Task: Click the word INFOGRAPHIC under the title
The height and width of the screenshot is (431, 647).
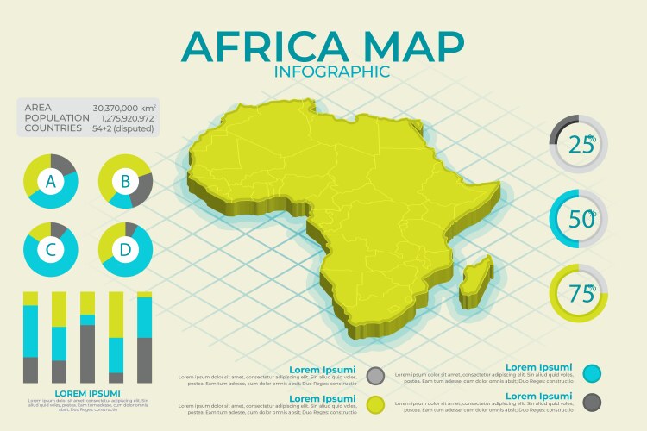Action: point(331,72)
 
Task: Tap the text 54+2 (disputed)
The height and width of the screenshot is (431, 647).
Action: point(122,128)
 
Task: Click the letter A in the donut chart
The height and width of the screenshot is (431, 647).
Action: point(51,182)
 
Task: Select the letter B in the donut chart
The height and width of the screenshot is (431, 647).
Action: point(125,182)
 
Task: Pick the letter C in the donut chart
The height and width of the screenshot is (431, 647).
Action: point(51,250)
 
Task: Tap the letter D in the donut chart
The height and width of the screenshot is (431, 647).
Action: point(125,250)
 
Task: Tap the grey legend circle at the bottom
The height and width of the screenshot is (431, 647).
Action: point(375,375)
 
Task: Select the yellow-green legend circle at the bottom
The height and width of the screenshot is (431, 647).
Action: point(375,403)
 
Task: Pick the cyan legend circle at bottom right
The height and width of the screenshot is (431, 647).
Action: point(592,373)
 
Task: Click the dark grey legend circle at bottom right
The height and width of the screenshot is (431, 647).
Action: point(592,401)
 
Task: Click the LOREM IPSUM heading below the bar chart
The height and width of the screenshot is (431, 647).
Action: point(86,393)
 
